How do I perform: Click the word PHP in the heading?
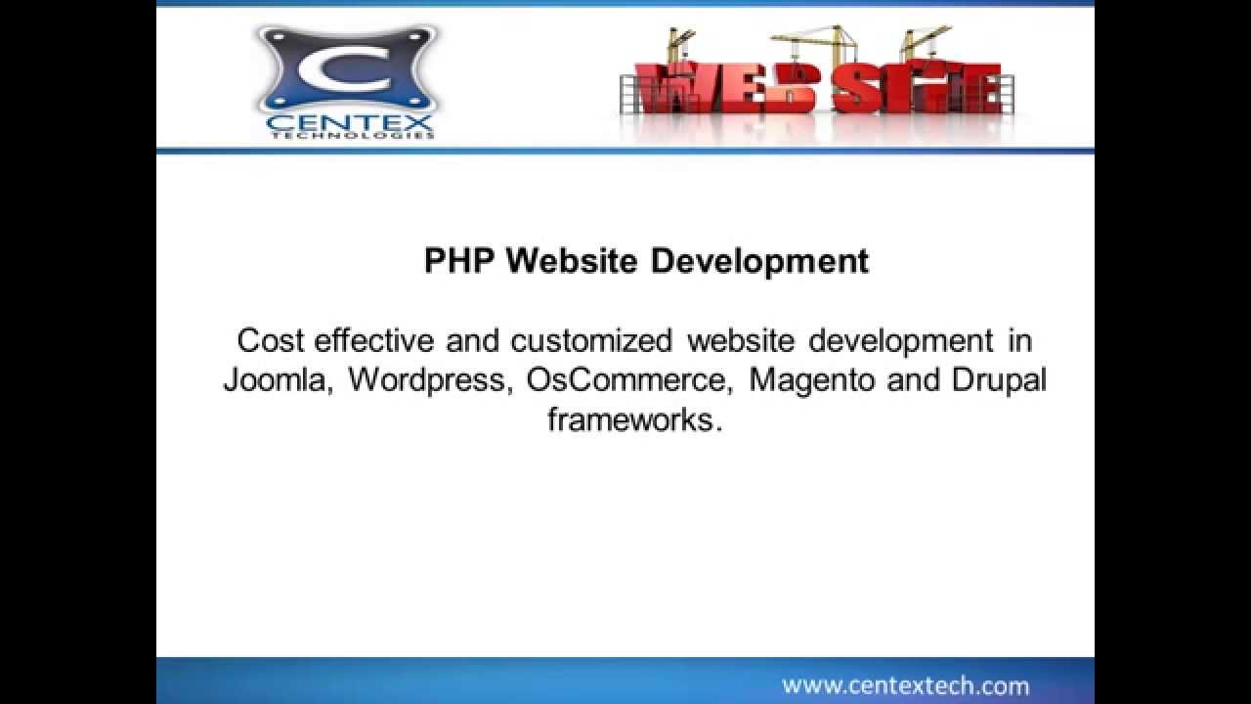coord(460,261)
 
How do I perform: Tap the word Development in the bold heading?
coord(759,261)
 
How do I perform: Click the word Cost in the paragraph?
coord(271,340)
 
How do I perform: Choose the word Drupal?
coord(999,379)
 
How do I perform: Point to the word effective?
coord(374,340)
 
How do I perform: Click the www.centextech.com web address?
coord(905,685)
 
